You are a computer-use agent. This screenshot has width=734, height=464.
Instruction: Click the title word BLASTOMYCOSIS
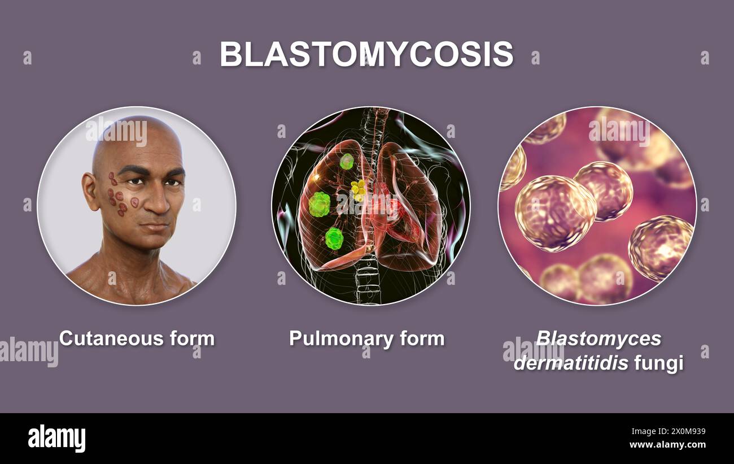(x=366, y=54)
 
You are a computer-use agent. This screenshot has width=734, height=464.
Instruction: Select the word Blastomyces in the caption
(x=598, y=339)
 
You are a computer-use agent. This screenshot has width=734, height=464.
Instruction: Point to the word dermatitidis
(x=570, y=363)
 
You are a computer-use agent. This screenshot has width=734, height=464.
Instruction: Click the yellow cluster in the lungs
(x=358, y=189)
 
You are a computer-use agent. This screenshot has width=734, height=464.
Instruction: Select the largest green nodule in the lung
(x=320, y=204)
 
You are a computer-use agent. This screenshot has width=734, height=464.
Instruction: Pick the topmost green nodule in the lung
(x=346, y=162)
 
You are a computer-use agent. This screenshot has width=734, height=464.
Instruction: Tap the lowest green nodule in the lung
(x=334, y=238)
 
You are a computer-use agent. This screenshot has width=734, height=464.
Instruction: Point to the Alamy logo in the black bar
(x=56, y=438)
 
